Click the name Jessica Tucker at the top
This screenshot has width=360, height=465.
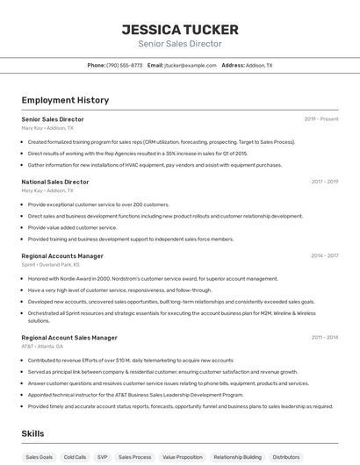point(179,30)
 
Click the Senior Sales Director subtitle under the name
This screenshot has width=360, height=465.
point(179,44)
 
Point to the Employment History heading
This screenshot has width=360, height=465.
point(65,100)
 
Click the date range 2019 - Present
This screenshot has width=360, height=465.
point(321,118)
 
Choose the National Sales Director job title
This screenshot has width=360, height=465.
point(55,182)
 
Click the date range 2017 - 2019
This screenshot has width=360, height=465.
point(324,182)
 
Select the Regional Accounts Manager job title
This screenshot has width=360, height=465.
point(62,255)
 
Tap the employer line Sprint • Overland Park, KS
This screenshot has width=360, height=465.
point(50,264)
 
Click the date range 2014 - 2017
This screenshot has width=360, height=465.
point(324,255)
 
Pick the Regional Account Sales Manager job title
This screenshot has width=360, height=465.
point(69,337)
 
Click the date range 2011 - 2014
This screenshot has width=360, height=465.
point(324,337)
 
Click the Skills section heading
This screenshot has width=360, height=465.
point(32,433)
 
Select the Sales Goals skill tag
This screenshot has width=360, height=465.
point(39,457)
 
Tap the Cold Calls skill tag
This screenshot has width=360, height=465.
point(75,457)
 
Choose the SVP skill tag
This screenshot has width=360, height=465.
point(103,457)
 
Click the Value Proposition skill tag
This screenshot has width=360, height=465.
point(183,457)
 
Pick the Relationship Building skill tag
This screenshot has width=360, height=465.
point(237,457)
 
